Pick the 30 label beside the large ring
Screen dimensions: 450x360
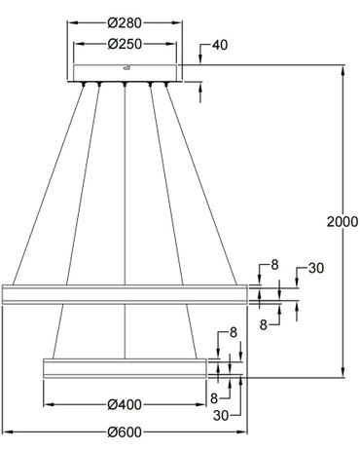pos(314,269)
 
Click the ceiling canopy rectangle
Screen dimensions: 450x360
pos(126,72)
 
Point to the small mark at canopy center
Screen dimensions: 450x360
pos(126,67)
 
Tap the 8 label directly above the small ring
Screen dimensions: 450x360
pos(233,333)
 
